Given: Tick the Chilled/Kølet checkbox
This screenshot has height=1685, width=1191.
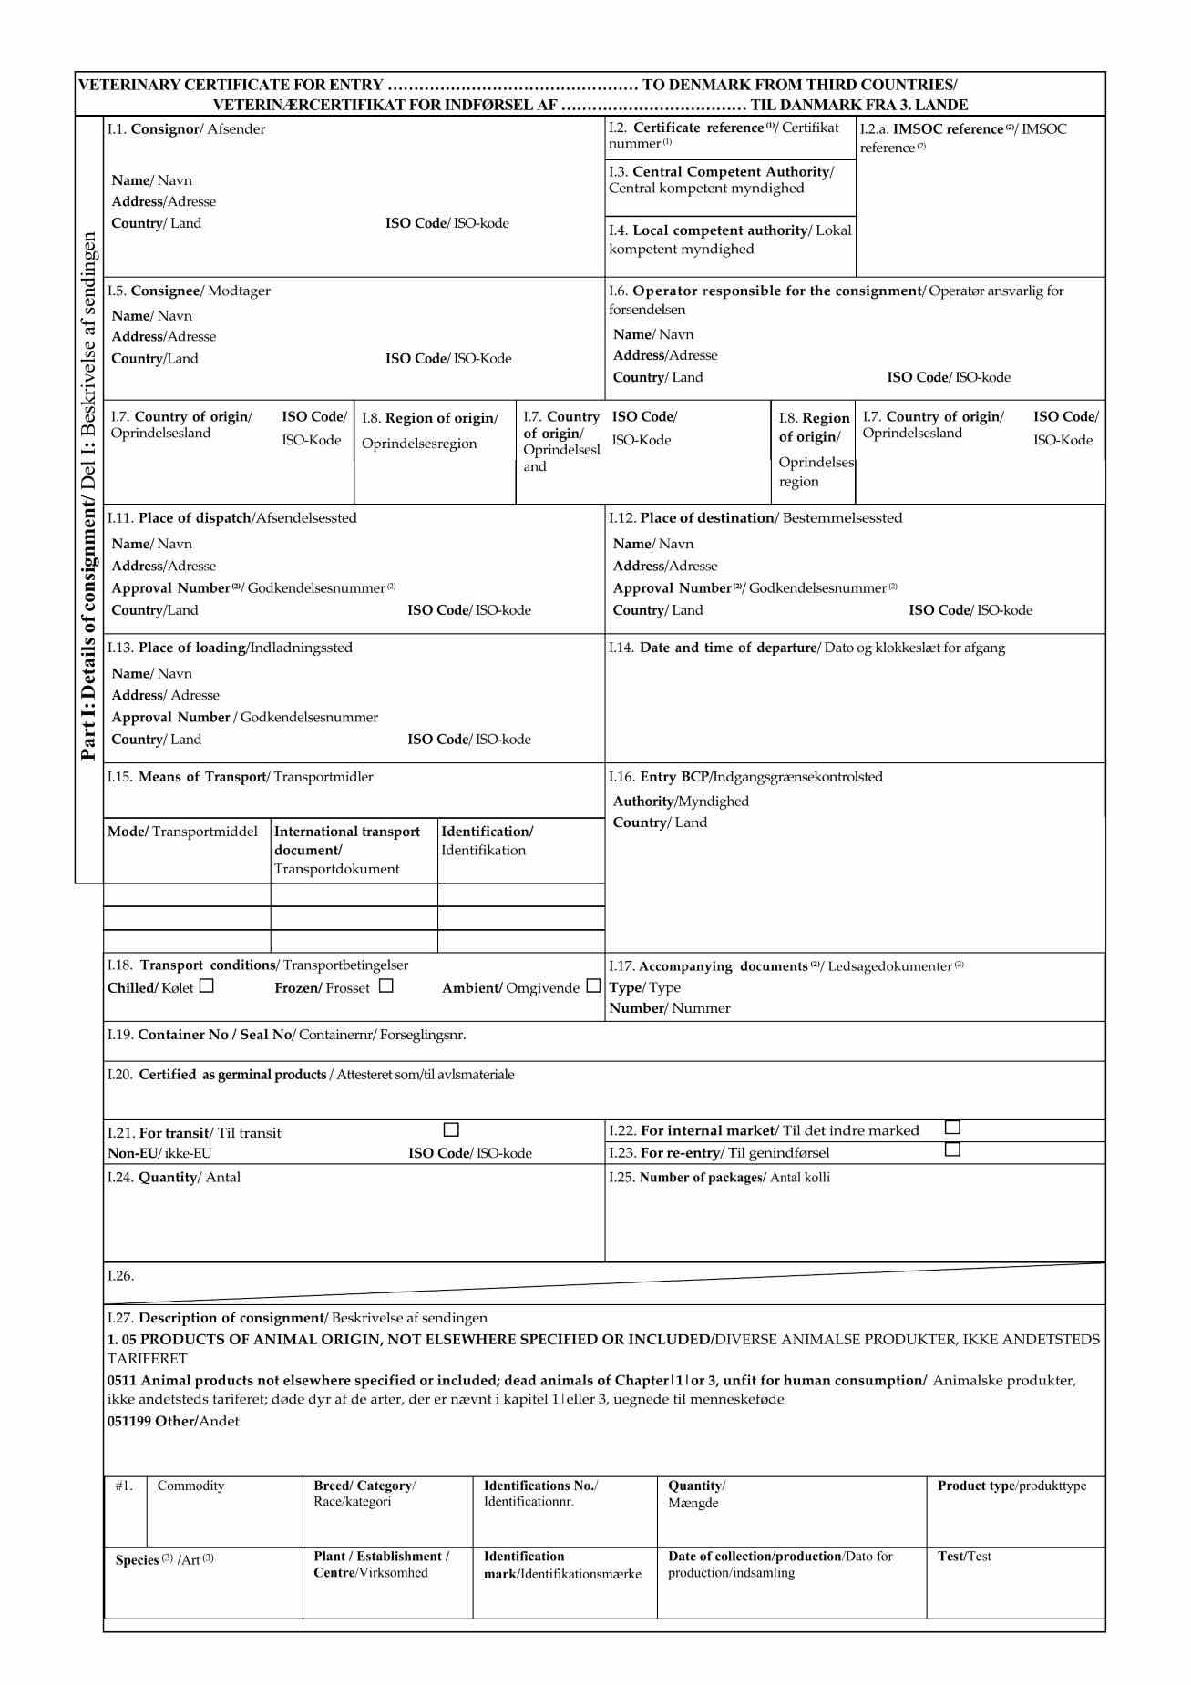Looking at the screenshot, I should [x=207, y=985].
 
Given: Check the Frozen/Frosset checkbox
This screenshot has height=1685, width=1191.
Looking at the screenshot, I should [x=386, y=985].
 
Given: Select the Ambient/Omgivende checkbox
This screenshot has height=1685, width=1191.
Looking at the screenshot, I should [x=593, y=985].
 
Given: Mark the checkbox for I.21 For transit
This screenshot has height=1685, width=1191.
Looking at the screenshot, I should [x=451, y=1129].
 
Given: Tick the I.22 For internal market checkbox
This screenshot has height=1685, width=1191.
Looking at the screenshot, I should [x=952, y=1128].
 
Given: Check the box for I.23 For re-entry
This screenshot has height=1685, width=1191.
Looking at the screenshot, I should [x=952, y=1149].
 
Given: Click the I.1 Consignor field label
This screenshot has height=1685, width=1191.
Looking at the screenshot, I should [x=186, y=129].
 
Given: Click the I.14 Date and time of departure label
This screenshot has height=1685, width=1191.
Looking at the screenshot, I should [x=806, y=648].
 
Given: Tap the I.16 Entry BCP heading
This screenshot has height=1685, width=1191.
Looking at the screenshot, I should [x=745, y=777].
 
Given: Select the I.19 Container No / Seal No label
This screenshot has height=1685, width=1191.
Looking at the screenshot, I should [x=286, y=1035].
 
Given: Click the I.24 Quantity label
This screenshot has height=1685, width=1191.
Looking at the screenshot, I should [x=173, y=1177].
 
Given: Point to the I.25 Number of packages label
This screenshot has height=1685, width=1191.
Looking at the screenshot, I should [x=719, y=1177].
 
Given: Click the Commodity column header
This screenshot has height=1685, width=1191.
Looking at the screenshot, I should [x=190, y=1486].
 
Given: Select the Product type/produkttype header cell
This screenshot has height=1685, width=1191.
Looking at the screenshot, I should [x=1011, y=1486].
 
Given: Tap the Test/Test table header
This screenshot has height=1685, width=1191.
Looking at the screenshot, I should [x=964, y=1556].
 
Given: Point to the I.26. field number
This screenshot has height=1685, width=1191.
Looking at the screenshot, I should [x=120, y=1275].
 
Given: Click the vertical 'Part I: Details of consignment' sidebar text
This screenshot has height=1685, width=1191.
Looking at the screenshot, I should [x=88, y=496].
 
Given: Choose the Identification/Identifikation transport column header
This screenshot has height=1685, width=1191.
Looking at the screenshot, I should [x=487, y=840].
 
